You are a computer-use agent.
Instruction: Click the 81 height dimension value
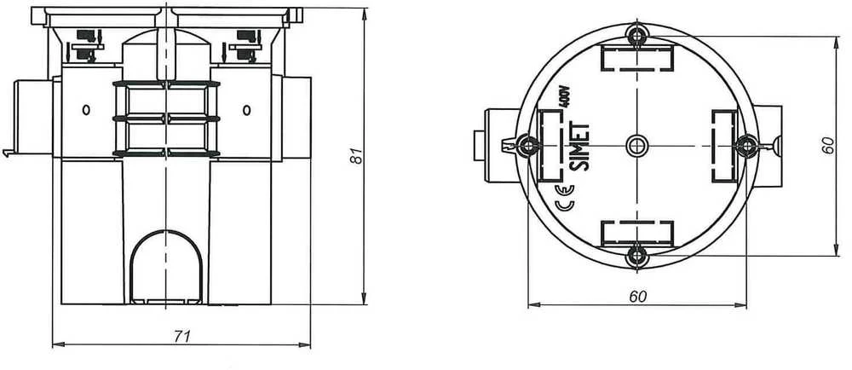click(356, 155)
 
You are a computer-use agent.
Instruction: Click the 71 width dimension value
click(182, 336)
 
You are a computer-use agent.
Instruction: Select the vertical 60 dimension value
click(827, 145)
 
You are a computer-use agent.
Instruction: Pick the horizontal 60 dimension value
click(638, 297)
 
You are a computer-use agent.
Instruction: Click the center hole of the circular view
click(636, 145)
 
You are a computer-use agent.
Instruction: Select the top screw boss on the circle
click(636, 36)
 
